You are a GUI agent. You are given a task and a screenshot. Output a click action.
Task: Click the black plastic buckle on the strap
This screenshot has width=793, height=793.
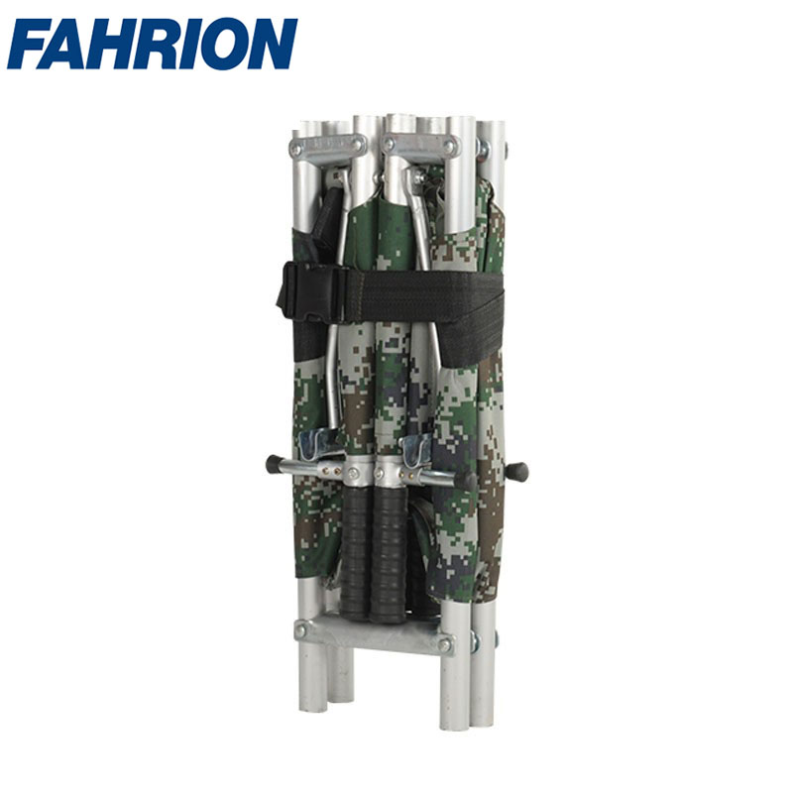click(309, 292)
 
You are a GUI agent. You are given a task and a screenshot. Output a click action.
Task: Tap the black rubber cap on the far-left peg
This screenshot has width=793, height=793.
click(274, 464)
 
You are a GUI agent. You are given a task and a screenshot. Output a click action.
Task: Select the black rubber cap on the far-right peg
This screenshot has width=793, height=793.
click(518, 472)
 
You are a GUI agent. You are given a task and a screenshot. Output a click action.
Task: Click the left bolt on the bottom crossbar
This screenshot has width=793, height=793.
click(301, 630)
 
